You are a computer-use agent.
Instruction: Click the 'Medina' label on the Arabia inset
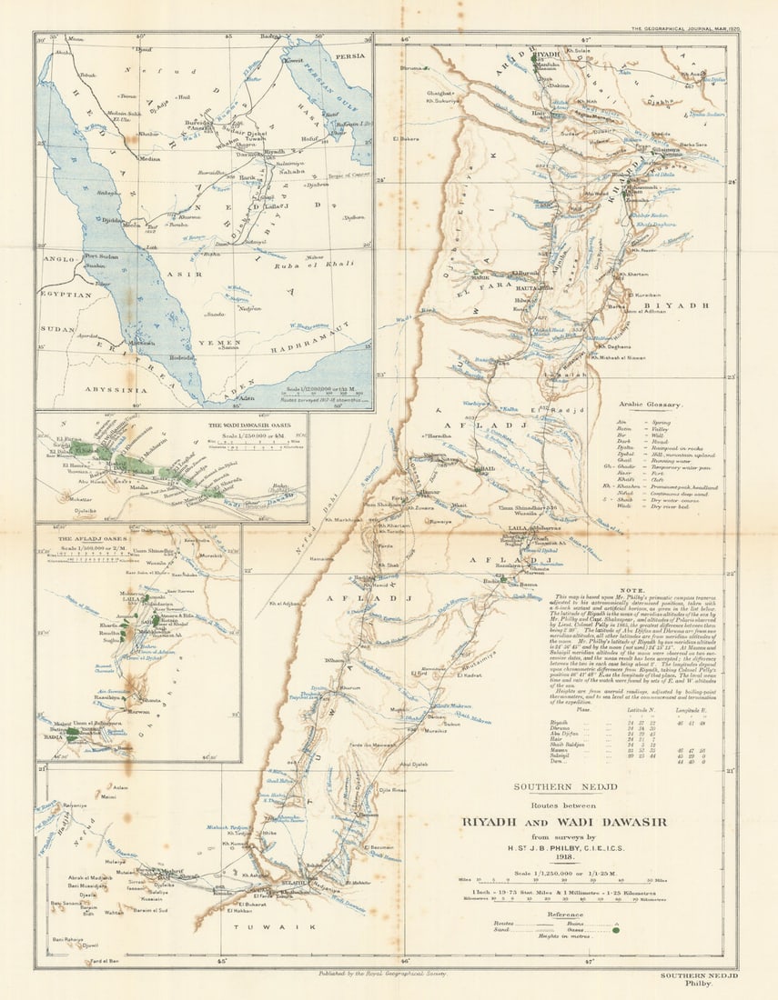pyautogui.click(x=150, y=157)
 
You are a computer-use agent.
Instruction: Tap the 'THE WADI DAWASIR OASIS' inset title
pyautogui.click(x=256, y=425)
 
